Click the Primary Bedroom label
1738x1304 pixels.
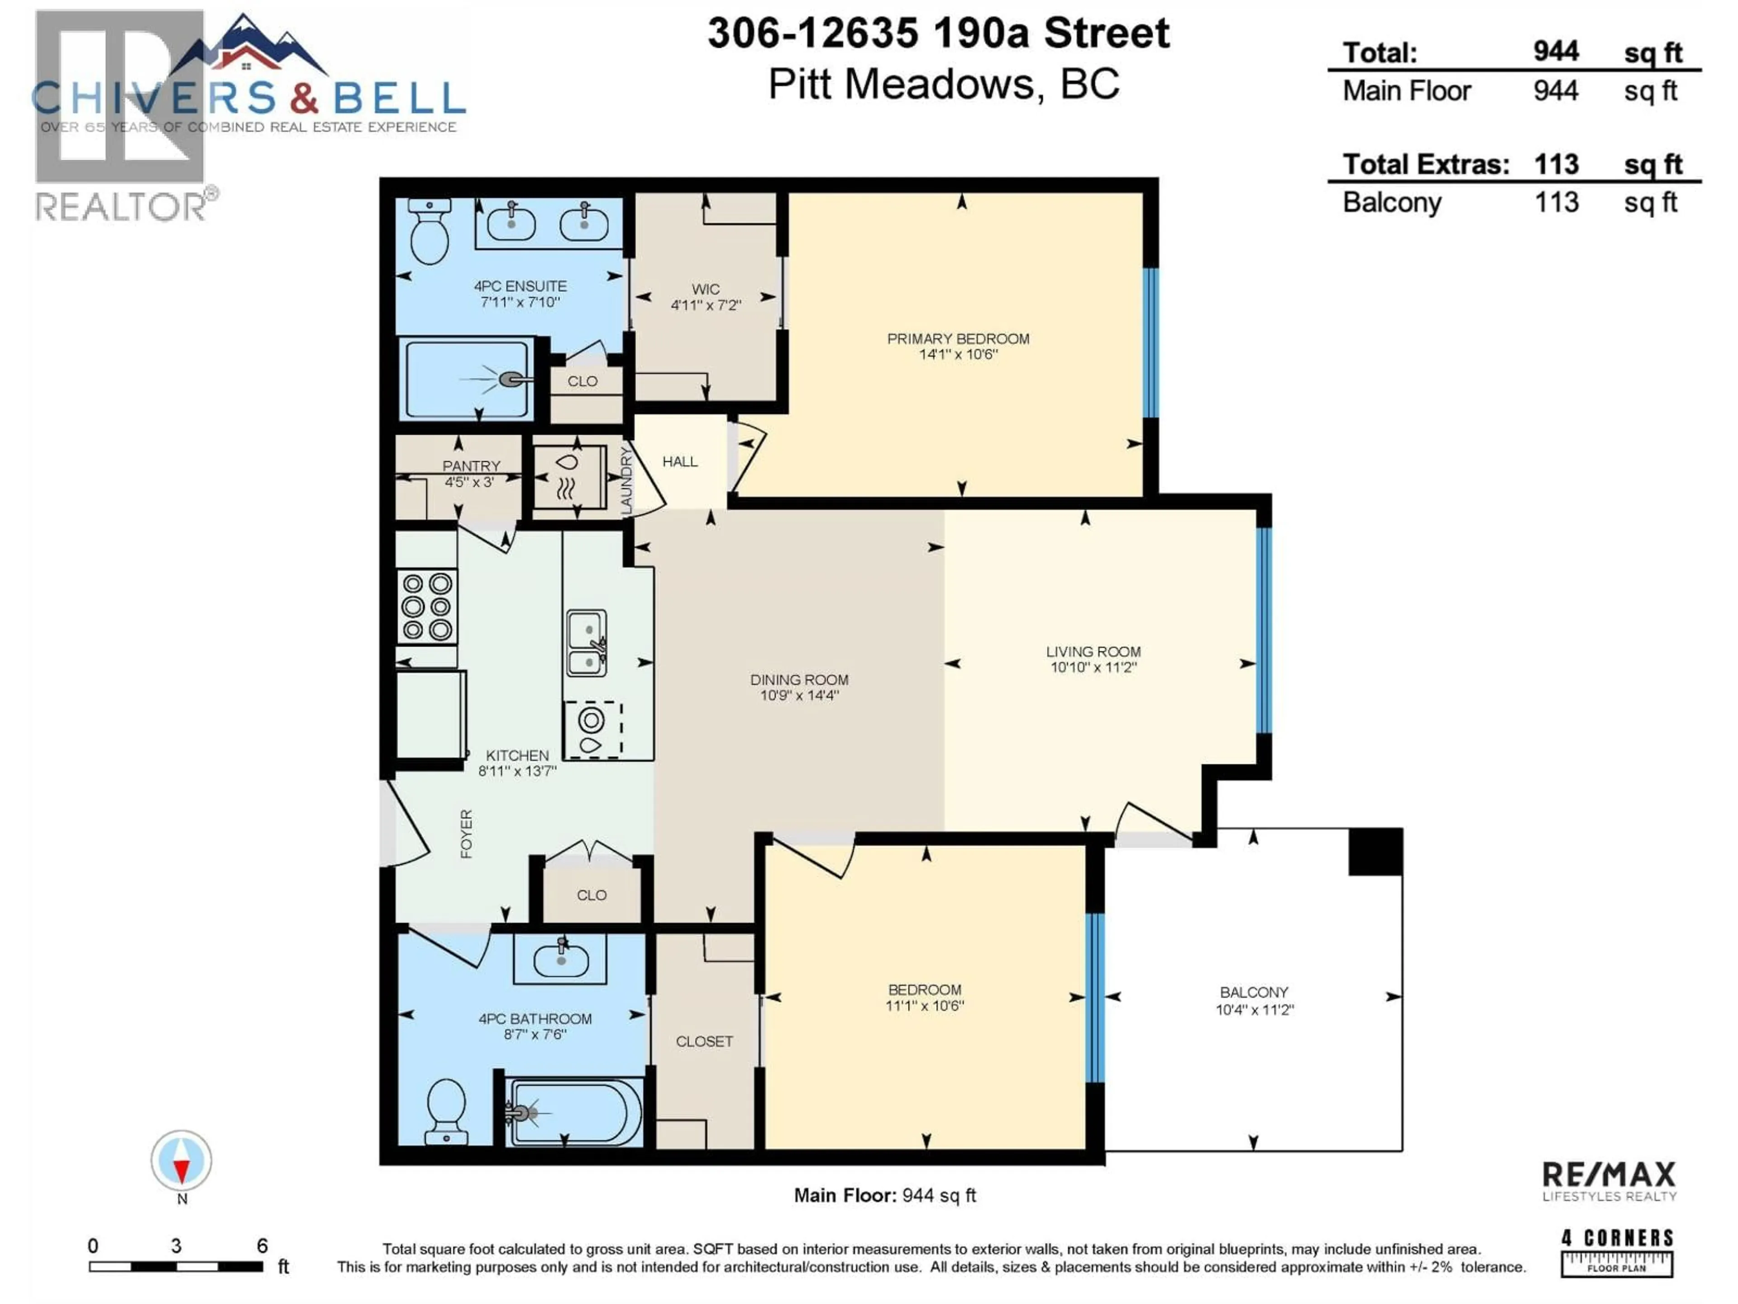(x=958, y=339)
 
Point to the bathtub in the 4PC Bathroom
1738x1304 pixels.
(x=576, y=1112)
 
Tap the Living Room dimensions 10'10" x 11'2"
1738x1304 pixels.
(x=1093, y=667)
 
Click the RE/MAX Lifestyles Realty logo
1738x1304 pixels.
(x=1609, y=1181)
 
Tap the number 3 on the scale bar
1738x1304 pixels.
(x=176, y=1246)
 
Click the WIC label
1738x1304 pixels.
(x=706, y=289)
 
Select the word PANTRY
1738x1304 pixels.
(x=471, y=466)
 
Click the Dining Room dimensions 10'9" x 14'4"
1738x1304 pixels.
(x=799, y=695)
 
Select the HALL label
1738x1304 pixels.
(x=680, y=461)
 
